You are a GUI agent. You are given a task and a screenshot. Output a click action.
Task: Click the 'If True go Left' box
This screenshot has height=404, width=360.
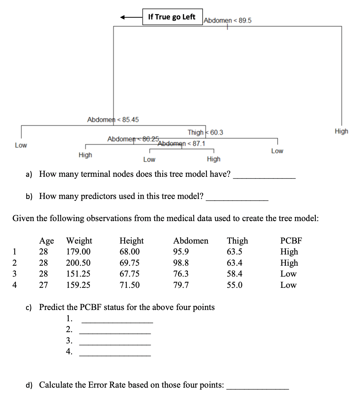(x=172, y=17)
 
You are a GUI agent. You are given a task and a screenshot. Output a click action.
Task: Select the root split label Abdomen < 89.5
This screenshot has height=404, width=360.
(x=228, y=20)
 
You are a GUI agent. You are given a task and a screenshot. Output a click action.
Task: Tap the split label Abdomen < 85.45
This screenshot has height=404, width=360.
(x=113, y=120)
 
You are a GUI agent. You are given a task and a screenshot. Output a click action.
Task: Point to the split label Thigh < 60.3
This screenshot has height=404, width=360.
(x=205, y=132)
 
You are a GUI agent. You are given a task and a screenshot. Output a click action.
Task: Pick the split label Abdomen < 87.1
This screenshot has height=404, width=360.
(x=182, y=143)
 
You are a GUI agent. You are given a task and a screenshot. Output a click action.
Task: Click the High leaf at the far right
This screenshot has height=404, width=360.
(x=341, y=131)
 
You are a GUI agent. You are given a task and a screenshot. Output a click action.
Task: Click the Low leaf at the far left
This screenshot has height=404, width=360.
(x=21, y=145)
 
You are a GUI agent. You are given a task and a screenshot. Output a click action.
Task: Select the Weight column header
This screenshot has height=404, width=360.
(x=79, y=241)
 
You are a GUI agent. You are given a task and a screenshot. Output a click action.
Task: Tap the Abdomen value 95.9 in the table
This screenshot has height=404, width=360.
(x=181, y=252)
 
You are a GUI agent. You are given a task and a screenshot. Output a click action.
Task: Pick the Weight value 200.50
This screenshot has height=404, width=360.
(x=78, y=263)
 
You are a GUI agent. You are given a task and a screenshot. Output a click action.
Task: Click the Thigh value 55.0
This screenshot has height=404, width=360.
(x=234, y=285)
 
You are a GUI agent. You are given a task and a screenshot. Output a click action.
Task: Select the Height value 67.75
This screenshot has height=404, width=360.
(x=129, y=274)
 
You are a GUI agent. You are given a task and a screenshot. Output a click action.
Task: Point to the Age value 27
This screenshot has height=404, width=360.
(x=44, y=285)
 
